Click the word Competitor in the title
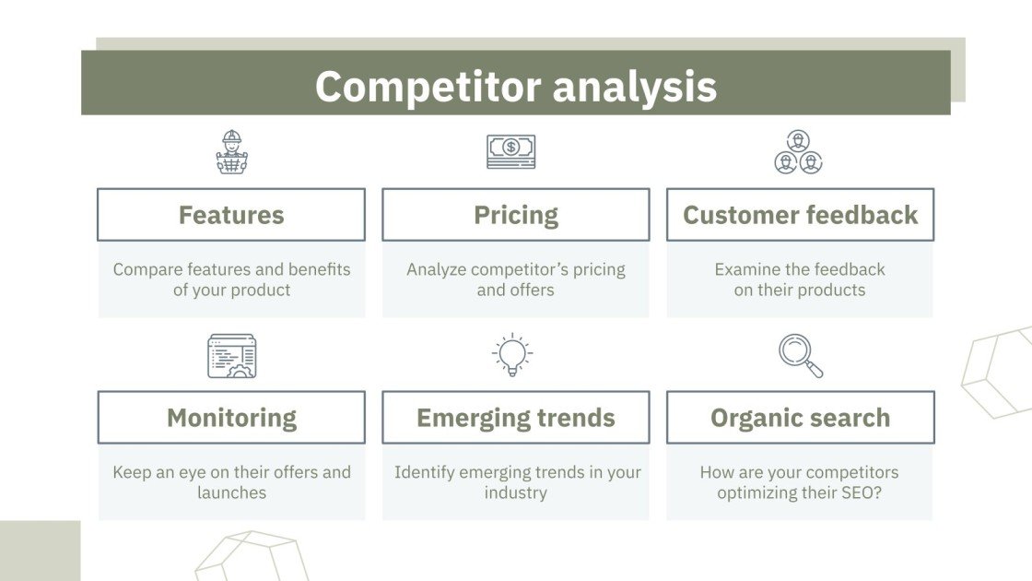[428, 87]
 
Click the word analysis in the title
[635, 87]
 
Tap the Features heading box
[231, 215]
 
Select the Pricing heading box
[516, 215]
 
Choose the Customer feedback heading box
[801, 215]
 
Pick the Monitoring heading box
[231, 418]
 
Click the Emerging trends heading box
[516, 418]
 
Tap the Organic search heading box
[801, 418]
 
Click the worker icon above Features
[231, 152]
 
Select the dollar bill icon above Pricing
[510, 151]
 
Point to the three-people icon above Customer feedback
[798, 152]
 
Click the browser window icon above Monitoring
[231, 356]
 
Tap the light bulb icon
[512, 354]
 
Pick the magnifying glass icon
[801, 356]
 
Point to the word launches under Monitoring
[231, 492]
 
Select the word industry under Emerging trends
[516, 493]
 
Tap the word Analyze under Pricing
[437, 270]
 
